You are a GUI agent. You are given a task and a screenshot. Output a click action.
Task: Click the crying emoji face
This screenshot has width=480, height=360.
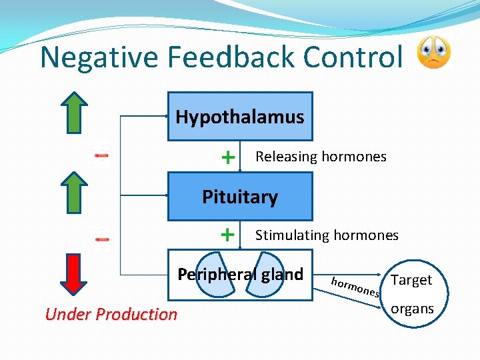[433, 53]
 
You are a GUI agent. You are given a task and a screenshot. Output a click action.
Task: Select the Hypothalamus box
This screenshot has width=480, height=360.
[239, 117]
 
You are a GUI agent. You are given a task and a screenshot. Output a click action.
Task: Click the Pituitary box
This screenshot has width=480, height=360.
[239, 197]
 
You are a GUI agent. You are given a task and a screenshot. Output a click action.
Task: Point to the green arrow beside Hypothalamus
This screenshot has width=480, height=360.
[78, 113]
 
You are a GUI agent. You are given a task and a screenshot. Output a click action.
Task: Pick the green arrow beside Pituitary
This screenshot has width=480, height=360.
[78, 194]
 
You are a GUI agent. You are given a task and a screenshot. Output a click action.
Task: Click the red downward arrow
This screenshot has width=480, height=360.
[78, 274]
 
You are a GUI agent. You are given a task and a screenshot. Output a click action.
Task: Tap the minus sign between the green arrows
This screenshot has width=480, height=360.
[101, 155]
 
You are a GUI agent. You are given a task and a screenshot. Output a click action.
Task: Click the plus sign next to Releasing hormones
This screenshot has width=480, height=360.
[228, 157]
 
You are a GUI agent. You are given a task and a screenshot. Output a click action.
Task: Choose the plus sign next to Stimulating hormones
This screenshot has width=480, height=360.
[228, 235]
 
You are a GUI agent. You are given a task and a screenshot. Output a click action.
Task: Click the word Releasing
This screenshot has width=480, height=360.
[287, 157]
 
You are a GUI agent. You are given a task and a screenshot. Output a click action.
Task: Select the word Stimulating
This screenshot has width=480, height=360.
[293, 235]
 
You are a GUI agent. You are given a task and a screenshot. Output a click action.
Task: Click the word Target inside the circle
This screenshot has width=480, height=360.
[411, 280]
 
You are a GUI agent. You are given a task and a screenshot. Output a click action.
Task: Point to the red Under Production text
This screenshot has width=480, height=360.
[111, 314]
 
